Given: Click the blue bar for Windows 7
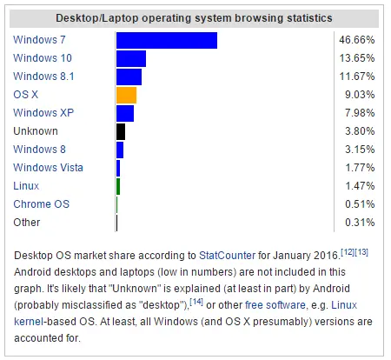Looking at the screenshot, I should point(166,40).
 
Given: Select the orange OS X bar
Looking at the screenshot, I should point(126,95).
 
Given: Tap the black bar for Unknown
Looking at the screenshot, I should point(121,131).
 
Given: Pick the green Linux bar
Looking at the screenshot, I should point(118,186).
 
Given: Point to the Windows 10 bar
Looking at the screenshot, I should point(130,58).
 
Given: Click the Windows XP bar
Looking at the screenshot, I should point(124,113).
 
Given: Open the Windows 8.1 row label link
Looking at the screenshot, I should point(43,77).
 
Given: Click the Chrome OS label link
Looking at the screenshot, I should point(42,204).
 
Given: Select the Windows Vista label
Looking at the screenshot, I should point(48,168).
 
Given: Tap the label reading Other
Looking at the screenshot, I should point(27,223).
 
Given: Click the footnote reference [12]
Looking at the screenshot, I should point(335,251).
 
